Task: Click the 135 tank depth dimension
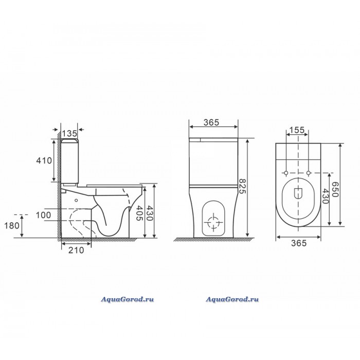point(69,133)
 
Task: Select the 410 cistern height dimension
point(44,160)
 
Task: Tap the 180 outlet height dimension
point(12,226)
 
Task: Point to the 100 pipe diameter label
point(43,215)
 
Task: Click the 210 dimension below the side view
point(76,250)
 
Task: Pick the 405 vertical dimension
point(139,213)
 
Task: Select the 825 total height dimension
point(242,187)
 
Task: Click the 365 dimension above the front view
point(211,122)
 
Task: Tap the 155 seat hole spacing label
point(297,130)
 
